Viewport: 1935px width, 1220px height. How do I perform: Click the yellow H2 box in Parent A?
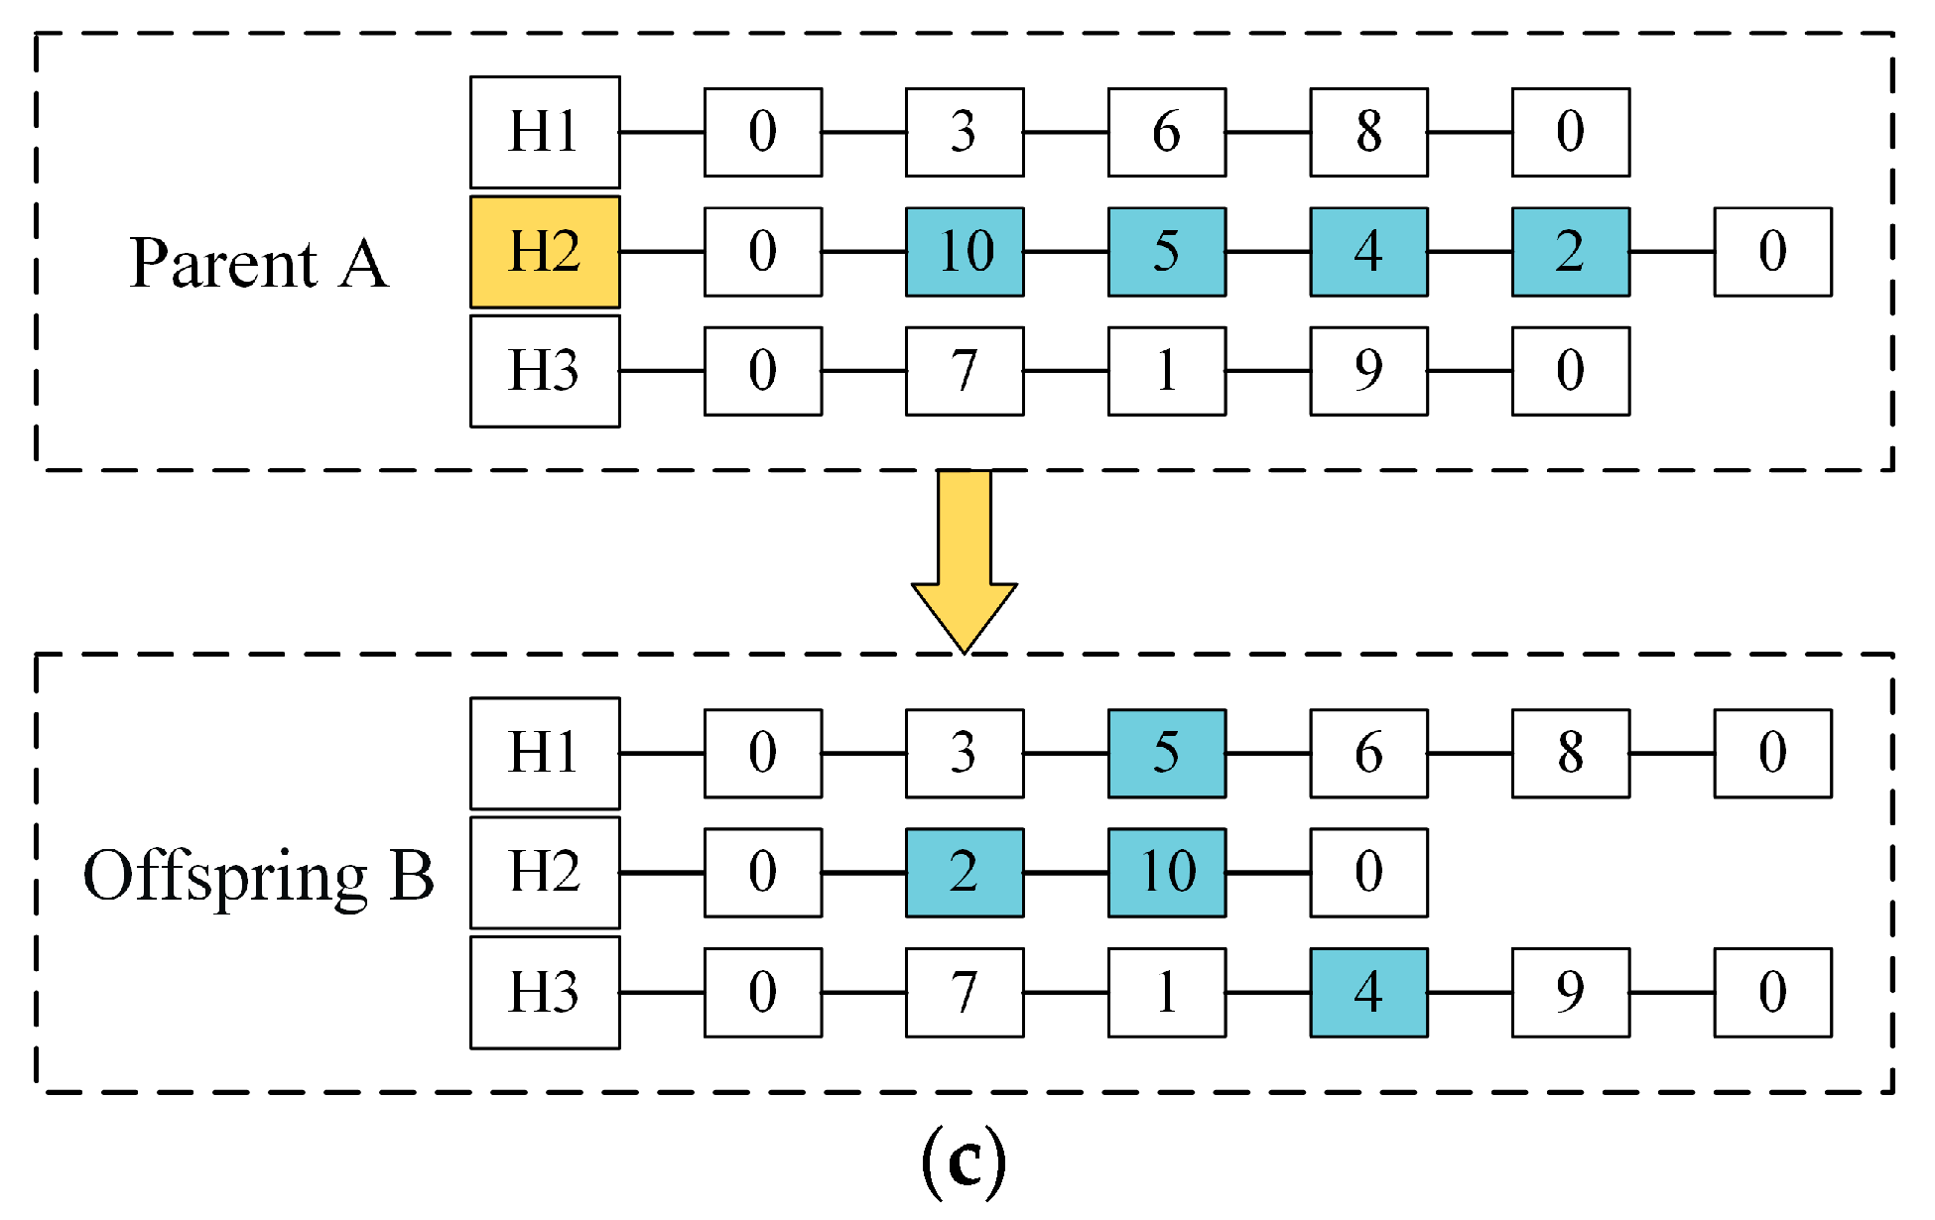click(x=545, y=252)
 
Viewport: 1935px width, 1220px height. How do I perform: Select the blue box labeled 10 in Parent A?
click(x=965, y=252)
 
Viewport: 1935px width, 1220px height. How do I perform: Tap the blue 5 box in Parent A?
click(x=1167, y=252)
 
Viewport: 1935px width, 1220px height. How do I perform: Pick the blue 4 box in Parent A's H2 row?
click(x=1368, y=252)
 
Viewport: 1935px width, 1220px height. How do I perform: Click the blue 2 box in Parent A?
click(x=1570, y=252)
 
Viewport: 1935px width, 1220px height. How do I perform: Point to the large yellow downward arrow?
click(x=964, y=560)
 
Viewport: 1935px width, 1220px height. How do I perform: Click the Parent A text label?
click(x=259, y=264)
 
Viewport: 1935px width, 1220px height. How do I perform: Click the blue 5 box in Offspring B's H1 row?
click(x=1167, y=753)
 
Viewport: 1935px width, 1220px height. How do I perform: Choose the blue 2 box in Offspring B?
click(x=965, y=873)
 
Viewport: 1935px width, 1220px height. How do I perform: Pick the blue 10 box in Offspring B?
click(x=1167, y=873)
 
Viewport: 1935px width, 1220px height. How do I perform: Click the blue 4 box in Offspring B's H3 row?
click(x=1368, y=992)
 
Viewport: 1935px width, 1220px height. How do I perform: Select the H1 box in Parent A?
click(x=545, y=132)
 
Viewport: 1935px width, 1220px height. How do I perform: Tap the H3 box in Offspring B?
click(x=545, y=992)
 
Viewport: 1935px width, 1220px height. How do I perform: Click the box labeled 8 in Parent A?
click(x=1368, y=132)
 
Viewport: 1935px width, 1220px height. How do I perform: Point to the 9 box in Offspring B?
click(x=1570, y=992)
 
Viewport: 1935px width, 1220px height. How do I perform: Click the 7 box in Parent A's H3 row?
click(x=965, y=371)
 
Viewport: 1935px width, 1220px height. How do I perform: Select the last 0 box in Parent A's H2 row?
click(x=1772, y=252)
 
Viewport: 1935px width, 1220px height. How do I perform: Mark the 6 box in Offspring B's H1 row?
click(x=1368, y=753)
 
